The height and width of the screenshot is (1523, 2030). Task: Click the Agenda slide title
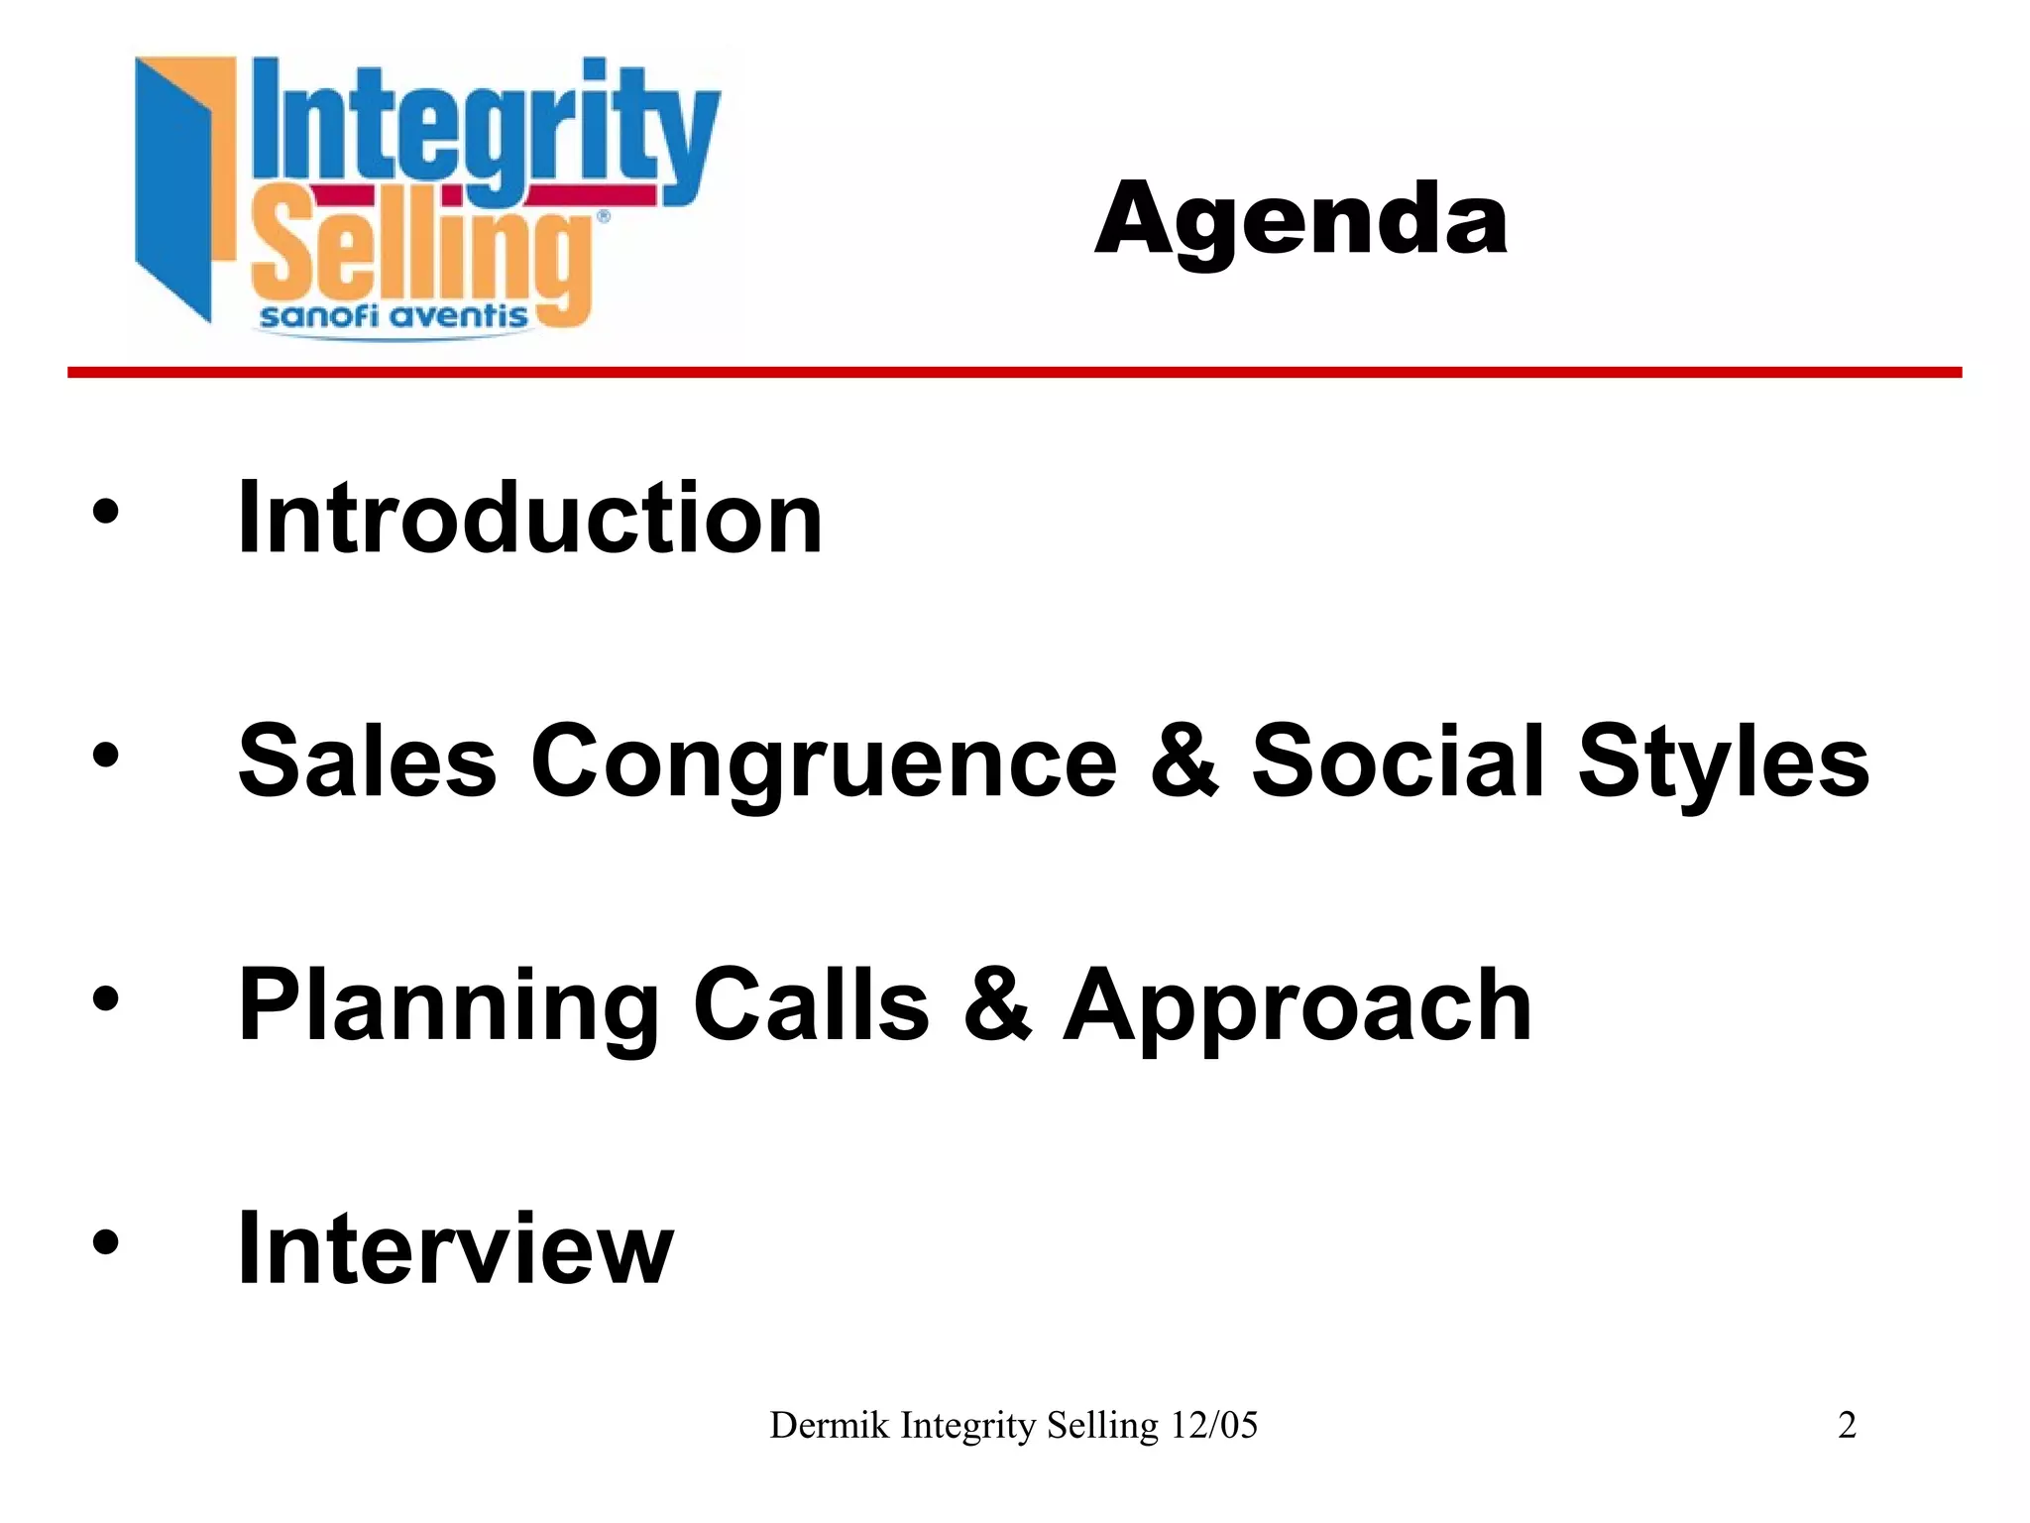coord(1300,220)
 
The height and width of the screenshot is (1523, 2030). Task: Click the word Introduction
coord(530,518)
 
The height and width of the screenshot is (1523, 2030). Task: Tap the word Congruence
coord(825,761)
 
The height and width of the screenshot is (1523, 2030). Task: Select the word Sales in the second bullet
coord(367,761)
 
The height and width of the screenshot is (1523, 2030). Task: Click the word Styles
coord(1723,761)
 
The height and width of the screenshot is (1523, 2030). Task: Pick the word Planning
coord(448,1005)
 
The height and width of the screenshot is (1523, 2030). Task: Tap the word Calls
coord(811,1005)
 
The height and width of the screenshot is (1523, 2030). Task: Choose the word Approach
coord(1297,1005)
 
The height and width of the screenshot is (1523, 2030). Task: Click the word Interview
coord(456,1248)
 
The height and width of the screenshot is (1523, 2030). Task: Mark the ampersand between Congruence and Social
coord(1184,761)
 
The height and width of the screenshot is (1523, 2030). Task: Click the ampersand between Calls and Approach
coord(996,1005)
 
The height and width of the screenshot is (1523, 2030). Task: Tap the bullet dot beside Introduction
coord(105,514)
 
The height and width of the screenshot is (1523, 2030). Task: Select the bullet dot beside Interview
coord(105,1243)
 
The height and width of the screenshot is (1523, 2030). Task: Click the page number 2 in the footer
coord(1847,1426)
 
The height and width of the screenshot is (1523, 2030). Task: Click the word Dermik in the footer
coord(829,1426)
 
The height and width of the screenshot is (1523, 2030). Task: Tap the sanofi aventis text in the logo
coord(394,316)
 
